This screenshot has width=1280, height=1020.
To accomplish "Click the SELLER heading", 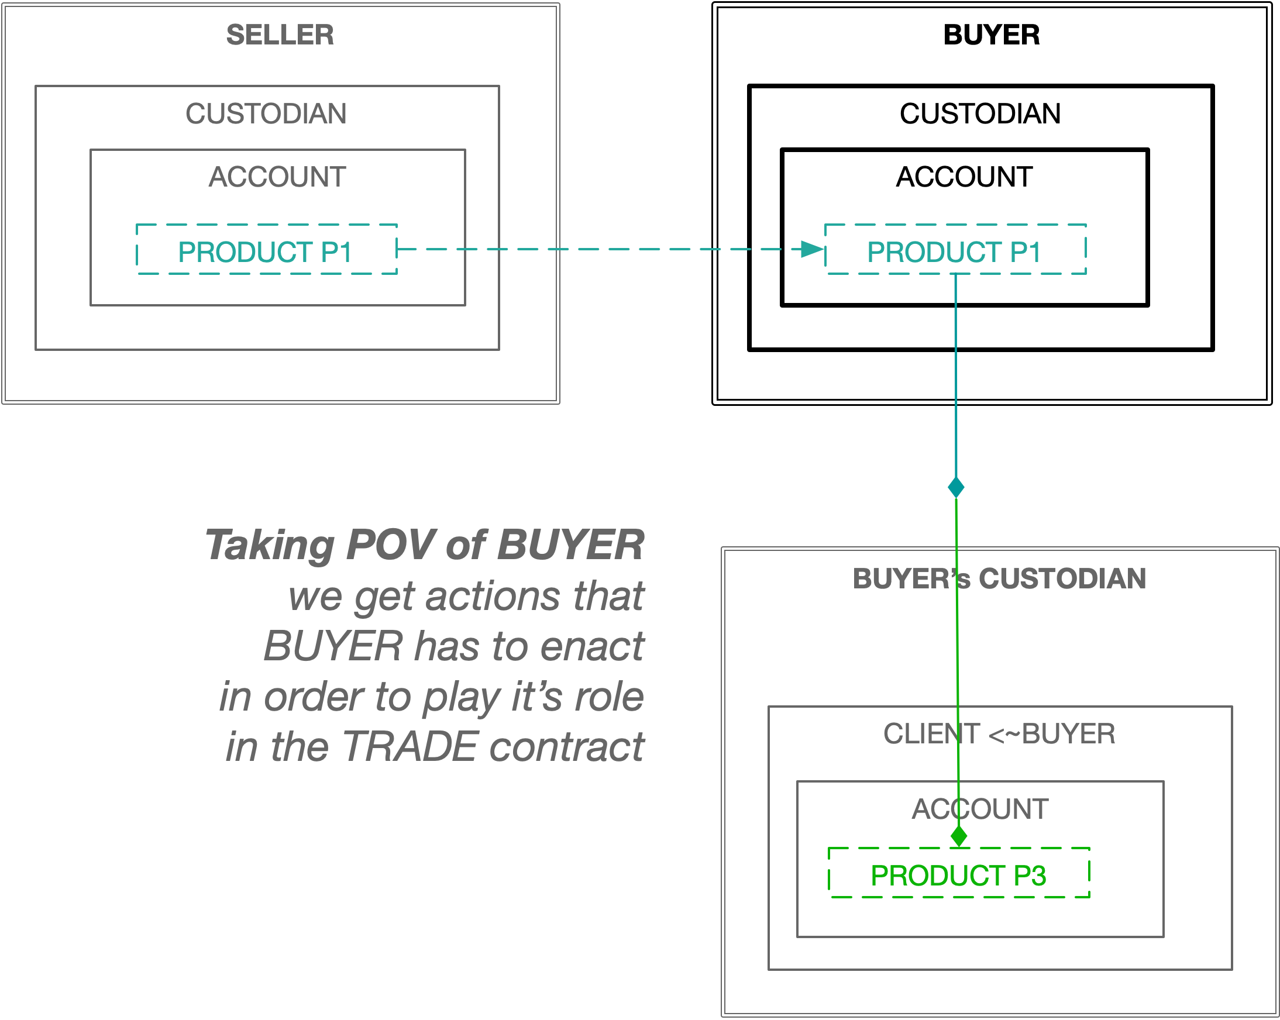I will (280, 35).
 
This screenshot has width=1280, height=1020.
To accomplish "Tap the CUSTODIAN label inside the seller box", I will (266, 114).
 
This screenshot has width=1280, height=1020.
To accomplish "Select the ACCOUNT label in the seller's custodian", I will (277, 177).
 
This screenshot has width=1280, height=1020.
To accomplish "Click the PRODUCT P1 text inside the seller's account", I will (265, 252).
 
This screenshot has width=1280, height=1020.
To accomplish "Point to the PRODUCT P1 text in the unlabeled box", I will (954, 252).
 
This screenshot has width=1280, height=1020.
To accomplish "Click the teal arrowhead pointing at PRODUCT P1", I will (812, 249).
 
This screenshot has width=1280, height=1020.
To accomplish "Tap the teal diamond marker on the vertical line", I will (956, 487).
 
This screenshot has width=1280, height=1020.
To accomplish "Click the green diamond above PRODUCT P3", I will (959, 836).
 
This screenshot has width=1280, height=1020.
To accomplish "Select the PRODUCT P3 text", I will (958, 876).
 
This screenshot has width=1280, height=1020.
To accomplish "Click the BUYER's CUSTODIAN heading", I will (999, 579).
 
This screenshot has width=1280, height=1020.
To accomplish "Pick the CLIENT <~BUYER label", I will (999, 734).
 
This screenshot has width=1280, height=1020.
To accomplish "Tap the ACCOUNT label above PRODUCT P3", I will (979, 809).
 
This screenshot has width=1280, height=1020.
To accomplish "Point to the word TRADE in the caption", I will (410, 747).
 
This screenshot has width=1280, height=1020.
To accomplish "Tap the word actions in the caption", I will (493, 596).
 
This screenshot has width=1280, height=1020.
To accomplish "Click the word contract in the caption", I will (567, 747).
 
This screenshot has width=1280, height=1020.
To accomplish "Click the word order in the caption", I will (314, 697).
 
